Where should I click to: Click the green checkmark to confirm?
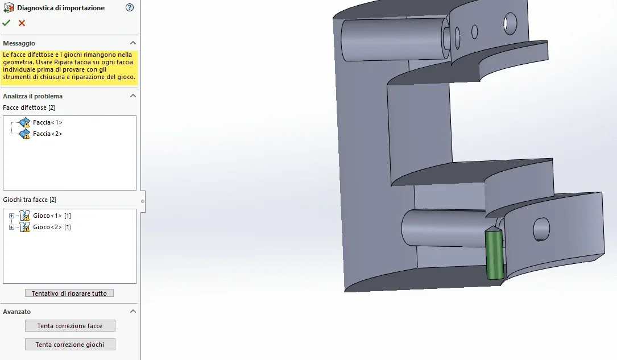(x=6, y=23)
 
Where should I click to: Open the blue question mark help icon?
(x=130, y=7)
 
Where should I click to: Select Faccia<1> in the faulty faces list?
(x=47, y=122)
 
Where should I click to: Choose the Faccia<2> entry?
(x=47, y=134)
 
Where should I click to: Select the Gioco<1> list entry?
(x=52, y=216)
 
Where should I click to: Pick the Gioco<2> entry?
(x=52, y=227)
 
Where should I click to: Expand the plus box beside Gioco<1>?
(x=11, y=216)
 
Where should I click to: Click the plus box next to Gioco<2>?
(x=11, y=227)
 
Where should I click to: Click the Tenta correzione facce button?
(x=70, y=326)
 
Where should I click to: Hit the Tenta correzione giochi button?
(x=70, y=345)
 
